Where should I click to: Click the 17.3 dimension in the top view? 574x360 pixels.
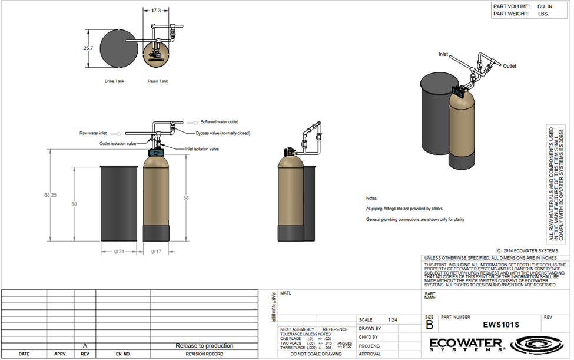tap(155, 11)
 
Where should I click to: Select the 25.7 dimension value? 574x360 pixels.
tap(89, 48)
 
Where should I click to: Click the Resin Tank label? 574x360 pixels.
tap(157, 81)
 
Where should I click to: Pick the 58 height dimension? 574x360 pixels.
tap(186, 199)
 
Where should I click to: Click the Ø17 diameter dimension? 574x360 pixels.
tap(157, 252)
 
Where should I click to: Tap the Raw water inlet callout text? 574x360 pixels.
tap(94, 134)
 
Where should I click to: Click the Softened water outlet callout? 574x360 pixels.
tap(219, 121)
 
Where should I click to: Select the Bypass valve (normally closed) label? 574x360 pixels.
tap(223, 134)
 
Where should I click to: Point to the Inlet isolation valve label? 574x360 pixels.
tap(202, 149)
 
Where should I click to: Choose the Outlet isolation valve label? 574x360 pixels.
tap(118, 143)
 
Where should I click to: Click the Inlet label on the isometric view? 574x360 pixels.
tap(443, 54)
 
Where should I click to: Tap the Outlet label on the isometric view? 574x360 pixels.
tap(509, 67)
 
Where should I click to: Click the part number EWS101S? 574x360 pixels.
tap(501, 325)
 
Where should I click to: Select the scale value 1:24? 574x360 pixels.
tap(393, 319)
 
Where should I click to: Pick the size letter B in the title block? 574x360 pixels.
tap(430, 324)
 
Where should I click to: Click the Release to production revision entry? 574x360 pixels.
tap(204, 345)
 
